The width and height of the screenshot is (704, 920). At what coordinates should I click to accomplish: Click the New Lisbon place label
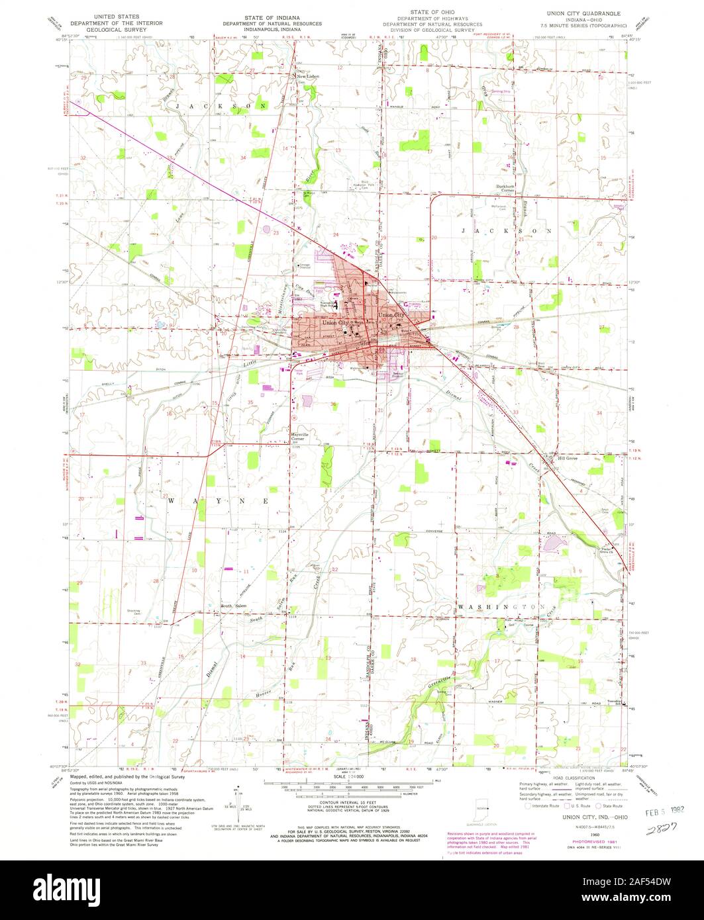(309, 77)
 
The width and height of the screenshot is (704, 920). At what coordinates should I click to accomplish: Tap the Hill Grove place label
(568, 458)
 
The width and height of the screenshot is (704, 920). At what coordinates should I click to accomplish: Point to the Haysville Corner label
(301, 437)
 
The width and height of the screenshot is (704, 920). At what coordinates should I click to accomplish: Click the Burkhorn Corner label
(509, 189)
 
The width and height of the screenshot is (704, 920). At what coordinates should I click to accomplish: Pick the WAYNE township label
(218, 501)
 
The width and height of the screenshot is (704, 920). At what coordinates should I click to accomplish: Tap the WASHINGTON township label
(500, 606)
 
